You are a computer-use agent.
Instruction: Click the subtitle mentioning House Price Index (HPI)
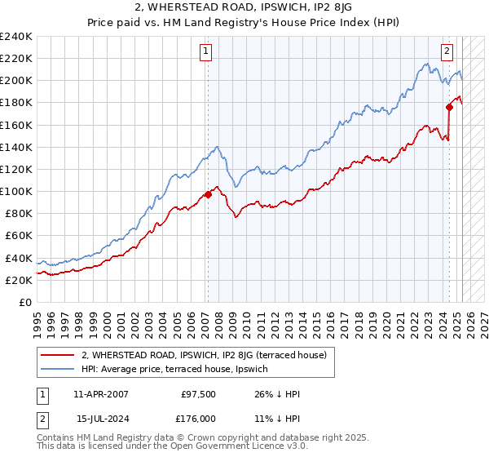pos(244,23)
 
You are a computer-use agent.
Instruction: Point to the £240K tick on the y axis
pos(16,37)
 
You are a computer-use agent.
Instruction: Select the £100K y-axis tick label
pos(16,191)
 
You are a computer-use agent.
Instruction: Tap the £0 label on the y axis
pos(24,302)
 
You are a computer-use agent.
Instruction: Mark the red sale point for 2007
pos(208,194)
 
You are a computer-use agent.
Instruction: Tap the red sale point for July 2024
pos(449,107)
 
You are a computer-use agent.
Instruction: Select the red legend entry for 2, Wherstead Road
pos(204,355)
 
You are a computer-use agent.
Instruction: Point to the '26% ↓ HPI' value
pos(277,394)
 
